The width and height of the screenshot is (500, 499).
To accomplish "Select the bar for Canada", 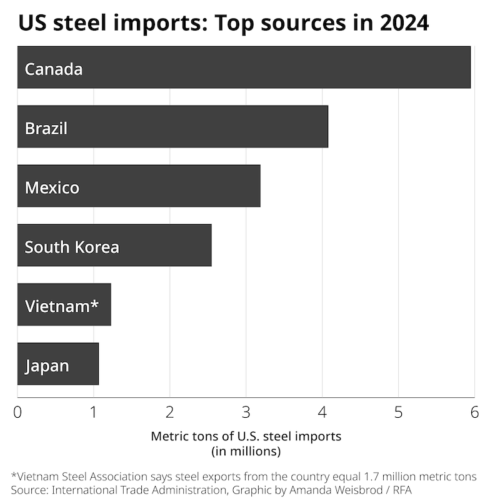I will tap(244, 67).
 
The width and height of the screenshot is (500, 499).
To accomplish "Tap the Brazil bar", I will tap(172, 127).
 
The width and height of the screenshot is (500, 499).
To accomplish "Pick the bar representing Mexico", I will tap(139, 186).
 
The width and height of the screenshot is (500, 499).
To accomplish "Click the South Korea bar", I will tap(114, 245).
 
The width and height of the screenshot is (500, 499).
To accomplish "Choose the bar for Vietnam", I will tap(64, 305).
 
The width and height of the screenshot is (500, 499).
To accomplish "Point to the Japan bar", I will tap(57, 364).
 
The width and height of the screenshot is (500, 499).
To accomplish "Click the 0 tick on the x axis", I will tap(17, 413).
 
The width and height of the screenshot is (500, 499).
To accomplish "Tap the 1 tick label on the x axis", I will tap(94, 413).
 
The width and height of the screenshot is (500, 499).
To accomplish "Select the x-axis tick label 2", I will tap(170, 413).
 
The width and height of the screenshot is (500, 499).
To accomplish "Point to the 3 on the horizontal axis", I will tap(246, 413).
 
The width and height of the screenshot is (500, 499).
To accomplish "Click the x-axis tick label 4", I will tap(322, 413).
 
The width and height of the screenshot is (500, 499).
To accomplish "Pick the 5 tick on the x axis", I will tap(399, 413).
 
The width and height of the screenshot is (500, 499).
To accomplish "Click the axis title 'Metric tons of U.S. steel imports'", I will tap(246, 437).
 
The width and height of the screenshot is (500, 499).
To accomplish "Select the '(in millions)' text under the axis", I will tap(246, 450).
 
